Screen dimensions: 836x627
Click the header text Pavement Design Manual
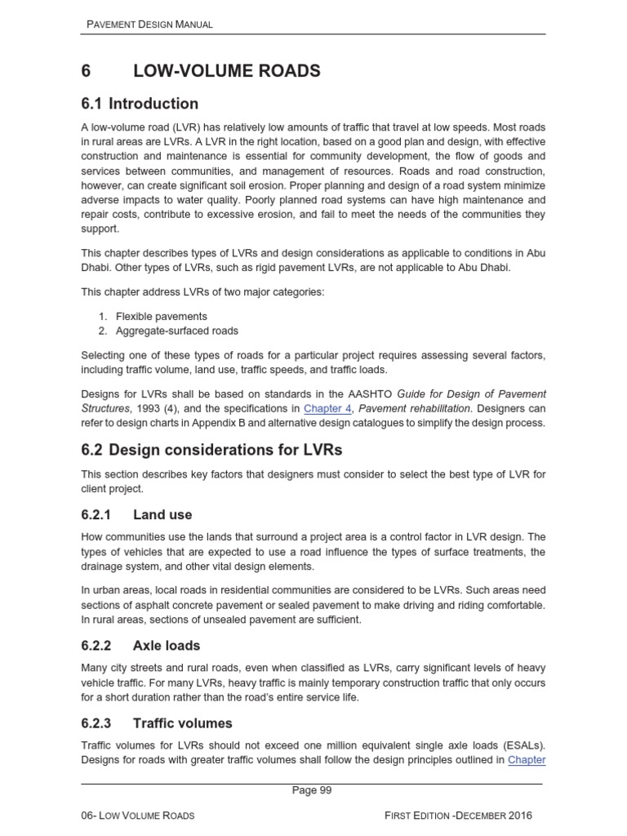pos(149,24)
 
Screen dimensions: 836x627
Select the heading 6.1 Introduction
pos(140,104)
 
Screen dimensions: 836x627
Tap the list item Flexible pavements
pos(161,316)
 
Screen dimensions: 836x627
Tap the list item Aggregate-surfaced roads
pos(177,331)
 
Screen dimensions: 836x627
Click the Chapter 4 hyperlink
pos(324,408)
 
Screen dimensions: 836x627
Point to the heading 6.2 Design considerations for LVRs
pos(211,450)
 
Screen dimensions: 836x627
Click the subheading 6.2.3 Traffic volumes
pos(157,723)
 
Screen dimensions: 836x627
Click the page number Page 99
pos(313,789)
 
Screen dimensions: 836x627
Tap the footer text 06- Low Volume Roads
pos(140,816)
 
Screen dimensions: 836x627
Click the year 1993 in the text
pos(144,408)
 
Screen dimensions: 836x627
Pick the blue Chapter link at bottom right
pos(527,760)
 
